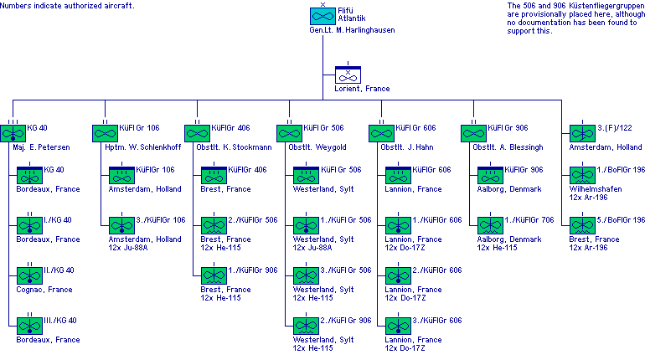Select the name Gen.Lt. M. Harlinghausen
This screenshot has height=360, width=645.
point(346,29)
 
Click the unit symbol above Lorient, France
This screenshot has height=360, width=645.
point(348,75)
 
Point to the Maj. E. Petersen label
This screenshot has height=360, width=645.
point(41,147)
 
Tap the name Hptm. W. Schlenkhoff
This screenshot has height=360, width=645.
point(139,147)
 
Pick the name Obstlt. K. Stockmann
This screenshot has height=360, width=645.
point(233,147)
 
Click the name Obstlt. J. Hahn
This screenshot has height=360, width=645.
point(408,147)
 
